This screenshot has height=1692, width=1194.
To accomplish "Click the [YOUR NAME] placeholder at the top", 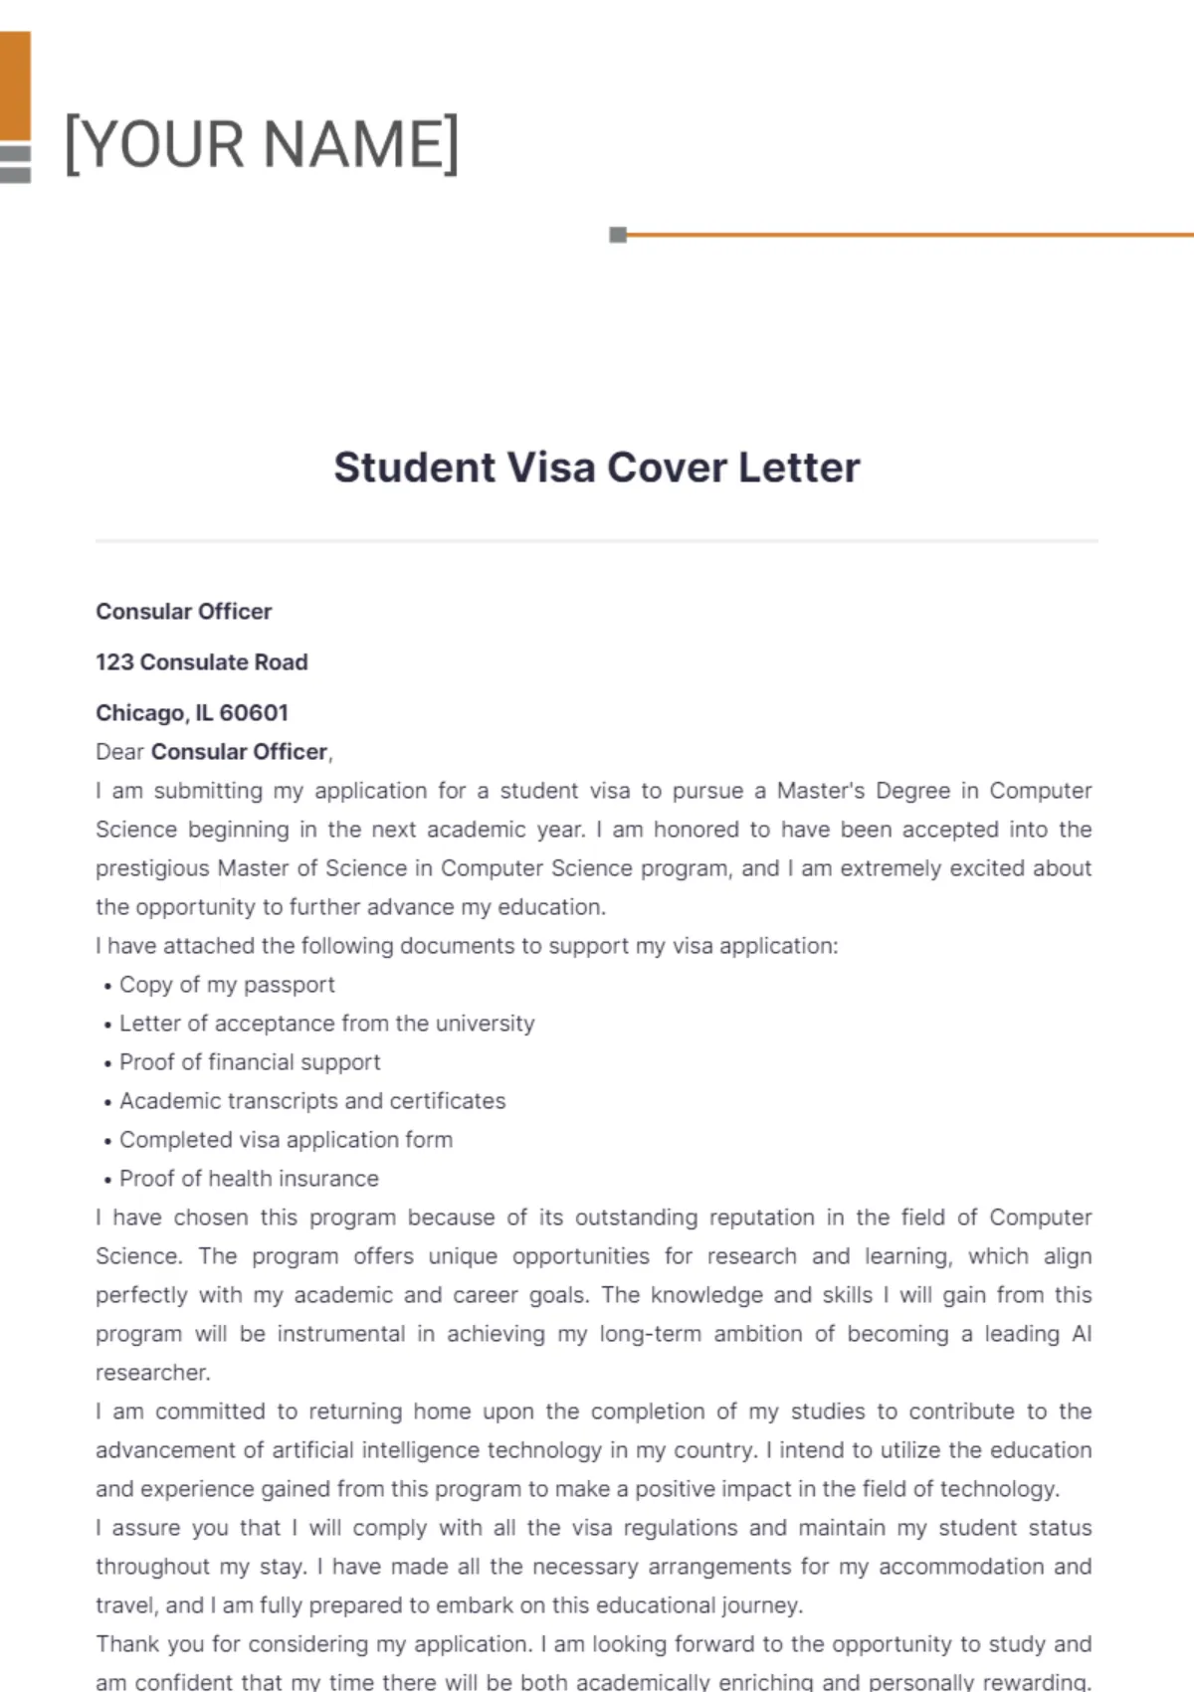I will click(262, 144).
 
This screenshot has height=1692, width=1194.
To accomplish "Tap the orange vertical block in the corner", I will click(15, 86).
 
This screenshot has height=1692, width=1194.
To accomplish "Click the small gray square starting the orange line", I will click(618, 235).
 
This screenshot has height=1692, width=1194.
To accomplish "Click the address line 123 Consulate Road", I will click(201, 662).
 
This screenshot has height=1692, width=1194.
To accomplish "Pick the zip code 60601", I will click(254, 713).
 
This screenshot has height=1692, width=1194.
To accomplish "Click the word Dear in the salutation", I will click(119, 752).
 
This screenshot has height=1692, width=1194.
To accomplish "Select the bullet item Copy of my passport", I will click(227, 985).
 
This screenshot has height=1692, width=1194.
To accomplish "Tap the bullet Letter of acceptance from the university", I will click(326, 1024).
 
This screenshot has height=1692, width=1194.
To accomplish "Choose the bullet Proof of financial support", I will click(250, 1062).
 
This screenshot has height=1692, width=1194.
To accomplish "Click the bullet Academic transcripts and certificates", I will click(312, 1101).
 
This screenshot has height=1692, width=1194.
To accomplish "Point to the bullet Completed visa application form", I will click(286, 1140).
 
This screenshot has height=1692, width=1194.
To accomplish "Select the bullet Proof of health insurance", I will click(249, 1179).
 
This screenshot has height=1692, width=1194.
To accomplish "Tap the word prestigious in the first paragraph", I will click(152, 868).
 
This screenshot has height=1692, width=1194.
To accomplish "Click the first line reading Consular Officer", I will click(183, 612).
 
